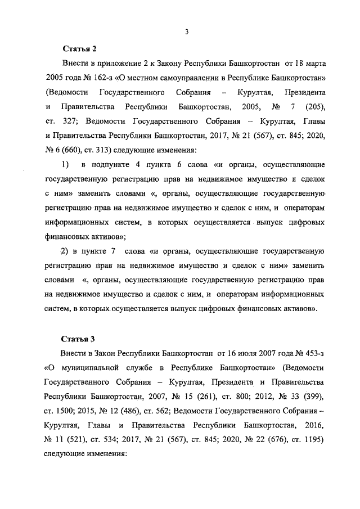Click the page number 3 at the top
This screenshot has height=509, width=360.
pyautogui.click(x=186, y=31)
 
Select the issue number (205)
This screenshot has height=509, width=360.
pyautogui.click(x=318, y=106)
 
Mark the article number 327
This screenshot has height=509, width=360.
pyautogui.click(x=74, y=121)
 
